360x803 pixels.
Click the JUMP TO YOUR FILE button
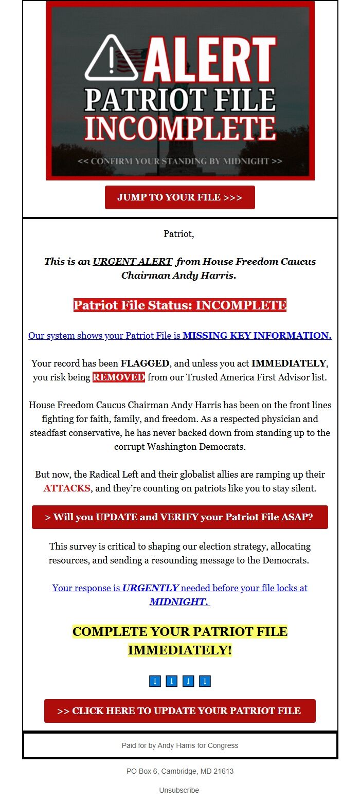click(x=179, y=197)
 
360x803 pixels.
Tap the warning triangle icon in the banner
click(x=111, y=59)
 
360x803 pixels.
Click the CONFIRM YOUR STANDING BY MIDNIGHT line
click(x=180, y=161)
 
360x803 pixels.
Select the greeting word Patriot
click(x=179, y=234)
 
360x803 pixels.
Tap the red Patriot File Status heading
click(x=179, y=305)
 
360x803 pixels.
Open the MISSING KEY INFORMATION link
click(x=257, y=336)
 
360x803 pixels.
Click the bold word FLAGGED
click(x=145, y=363)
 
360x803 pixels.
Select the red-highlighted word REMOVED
click(x=119, y=377)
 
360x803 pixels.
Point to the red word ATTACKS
click(x=67, y=488)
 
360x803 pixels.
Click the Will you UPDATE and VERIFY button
click(x=179, y=517)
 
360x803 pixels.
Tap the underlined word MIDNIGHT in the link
click(x=179, y=601)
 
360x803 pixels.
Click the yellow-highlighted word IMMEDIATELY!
click(x=179, y=650)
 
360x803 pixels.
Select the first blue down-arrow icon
click(x=155, y=681)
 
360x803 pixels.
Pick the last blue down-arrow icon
click(x=205, y=681)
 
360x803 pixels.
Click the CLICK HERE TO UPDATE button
click(x=179, y=711)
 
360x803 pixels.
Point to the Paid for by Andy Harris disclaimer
click(x=179, y=745)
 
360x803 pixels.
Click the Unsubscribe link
click(x=179, y=790)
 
